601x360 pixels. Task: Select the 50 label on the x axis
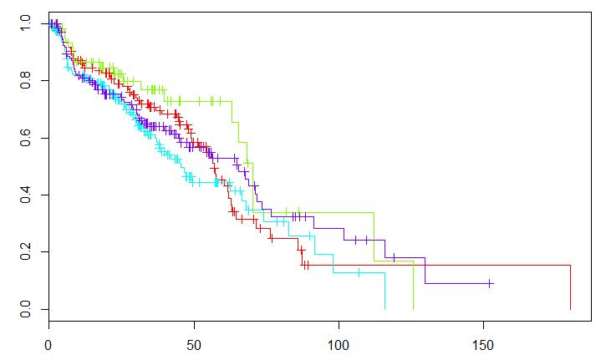point(194,343)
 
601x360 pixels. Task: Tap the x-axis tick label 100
point(339,343)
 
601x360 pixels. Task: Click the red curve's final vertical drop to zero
point(570,287)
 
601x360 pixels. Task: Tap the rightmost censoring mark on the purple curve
point(490,283)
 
